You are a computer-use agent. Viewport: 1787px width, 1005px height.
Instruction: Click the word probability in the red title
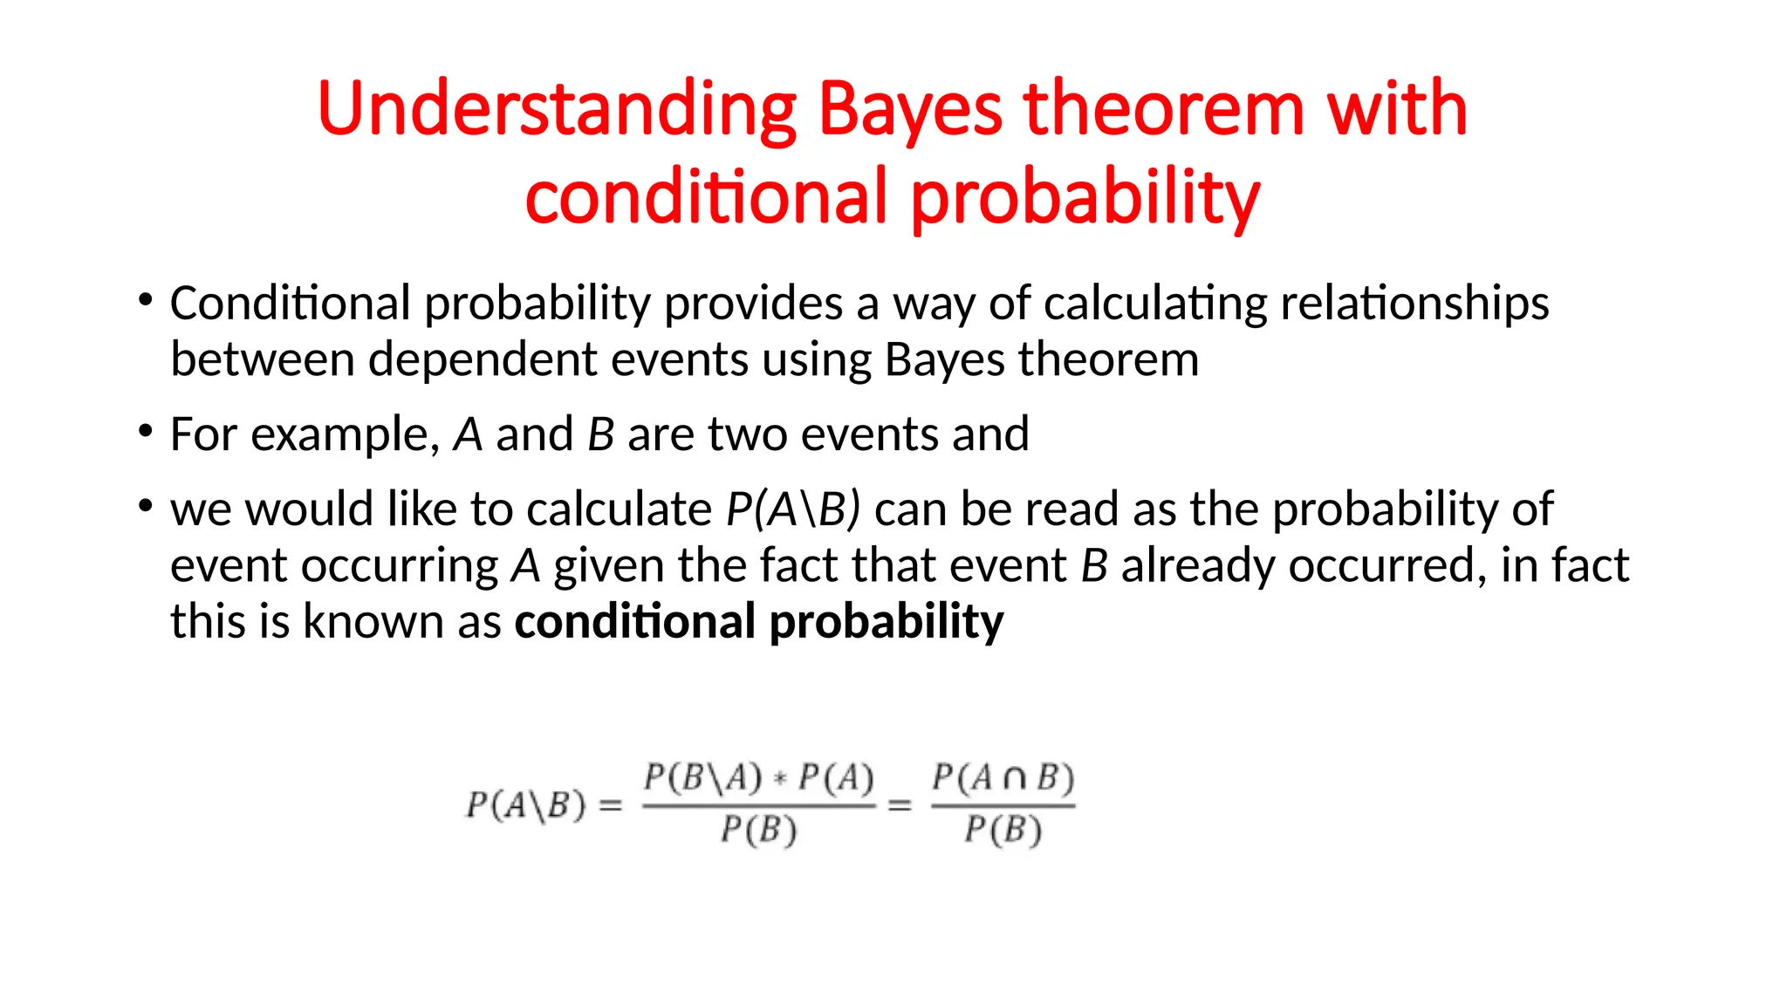[x=1085, y=198]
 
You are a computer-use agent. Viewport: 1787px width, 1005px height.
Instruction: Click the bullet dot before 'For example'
[x=146, y=431]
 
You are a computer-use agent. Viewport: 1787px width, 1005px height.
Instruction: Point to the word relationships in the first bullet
[x=1414, y=304]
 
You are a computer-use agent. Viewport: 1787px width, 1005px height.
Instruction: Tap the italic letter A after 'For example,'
[x=469, y=434]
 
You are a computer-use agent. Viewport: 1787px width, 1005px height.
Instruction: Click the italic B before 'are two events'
[x=601, y=434]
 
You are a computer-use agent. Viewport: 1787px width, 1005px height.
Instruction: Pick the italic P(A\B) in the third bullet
[x=793, y=509]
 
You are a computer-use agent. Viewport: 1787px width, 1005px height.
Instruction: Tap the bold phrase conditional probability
[x=758, y=622]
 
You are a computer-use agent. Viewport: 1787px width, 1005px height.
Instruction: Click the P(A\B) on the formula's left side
[x=525, y=804]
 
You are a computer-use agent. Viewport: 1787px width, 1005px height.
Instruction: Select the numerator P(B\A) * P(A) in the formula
[x=758, y=777]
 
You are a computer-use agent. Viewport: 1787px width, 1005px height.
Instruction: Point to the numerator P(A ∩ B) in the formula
[x=1003, y=777]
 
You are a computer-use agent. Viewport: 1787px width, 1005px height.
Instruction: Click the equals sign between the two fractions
[x=900, y=805]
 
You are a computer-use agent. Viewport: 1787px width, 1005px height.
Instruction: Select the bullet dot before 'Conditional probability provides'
[x=146, y=301]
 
